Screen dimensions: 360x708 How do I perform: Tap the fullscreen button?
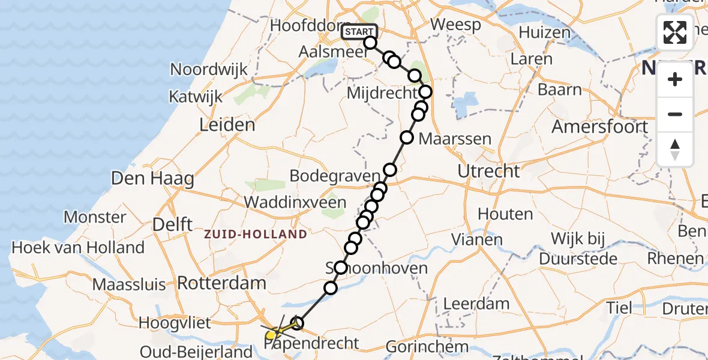point(675,32)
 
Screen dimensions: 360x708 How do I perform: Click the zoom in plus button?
point(675,79)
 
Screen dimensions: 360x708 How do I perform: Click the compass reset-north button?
point(675,149)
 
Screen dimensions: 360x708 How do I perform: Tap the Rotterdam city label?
point(222,283)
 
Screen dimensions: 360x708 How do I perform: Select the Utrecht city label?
point(488,171)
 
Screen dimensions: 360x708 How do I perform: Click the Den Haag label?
point(152,178)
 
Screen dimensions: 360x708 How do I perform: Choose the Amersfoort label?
point(600,127)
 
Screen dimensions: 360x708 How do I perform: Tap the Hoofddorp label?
point(305,26)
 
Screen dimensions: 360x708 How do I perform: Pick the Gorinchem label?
point(427,346)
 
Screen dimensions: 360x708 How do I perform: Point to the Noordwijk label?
point(209,69)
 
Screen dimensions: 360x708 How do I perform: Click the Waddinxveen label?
point(295,202)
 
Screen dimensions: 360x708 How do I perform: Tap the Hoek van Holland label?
point(78,247)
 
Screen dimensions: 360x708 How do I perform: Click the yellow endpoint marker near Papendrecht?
point(271,335)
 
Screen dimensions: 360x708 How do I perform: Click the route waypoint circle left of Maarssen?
point(407,137)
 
